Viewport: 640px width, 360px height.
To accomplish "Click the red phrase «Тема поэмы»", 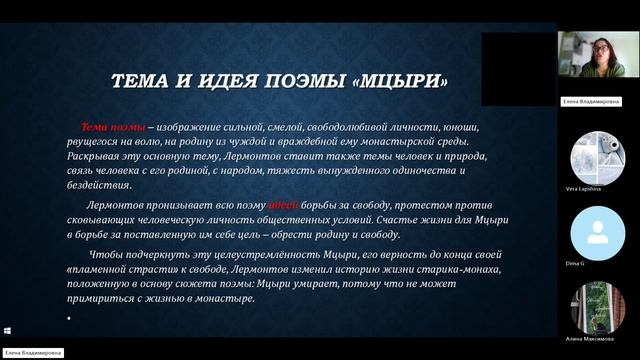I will click(113, 128).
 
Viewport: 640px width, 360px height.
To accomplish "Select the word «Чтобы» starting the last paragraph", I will click(120, 255).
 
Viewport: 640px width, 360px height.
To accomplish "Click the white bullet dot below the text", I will click(68, 317).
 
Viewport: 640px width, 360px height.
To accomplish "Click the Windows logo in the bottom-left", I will click(7, 331).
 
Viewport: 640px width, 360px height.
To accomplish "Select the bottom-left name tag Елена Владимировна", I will click(33, 353).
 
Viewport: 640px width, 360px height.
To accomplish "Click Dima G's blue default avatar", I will click(598, 232).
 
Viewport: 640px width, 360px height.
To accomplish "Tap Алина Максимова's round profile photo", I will click(598, 307).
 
